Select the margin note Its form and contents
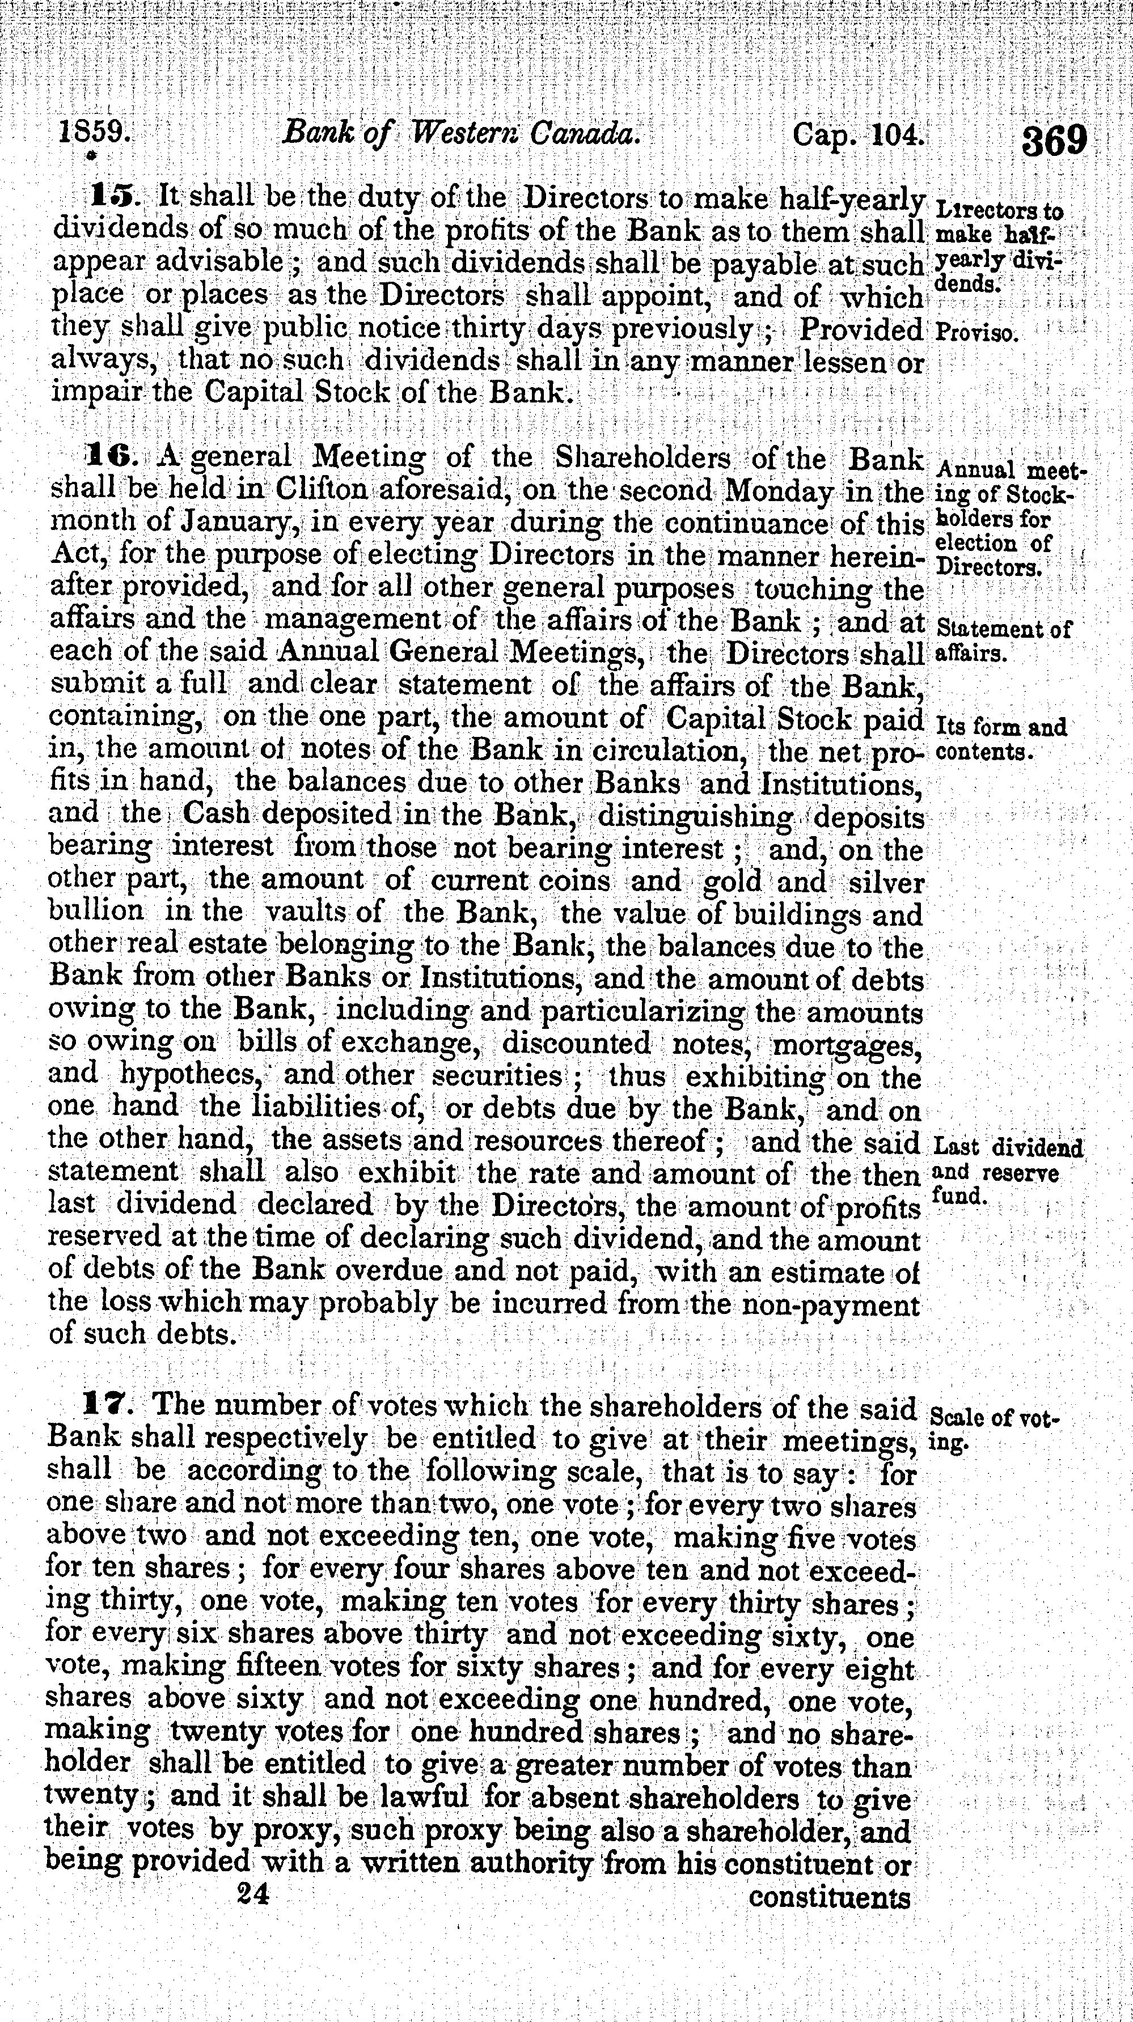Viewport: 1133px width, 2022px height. point(1001,739)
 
